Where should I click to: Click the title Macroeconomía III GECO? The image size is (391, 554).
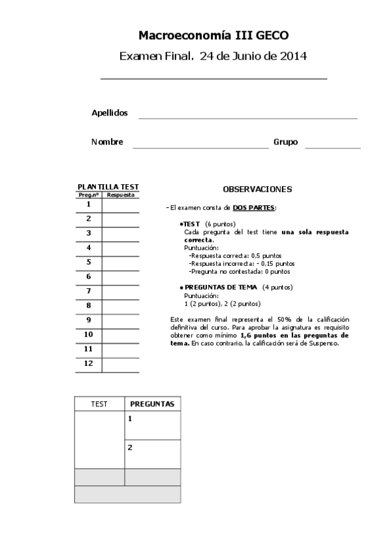(213, 35)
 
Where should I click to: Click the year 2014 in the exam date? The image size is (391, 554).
(294, 56)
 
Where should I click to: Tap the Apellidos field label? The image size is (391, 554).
(109, 113)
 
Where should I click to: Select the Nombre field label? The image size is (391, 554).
(107, 142)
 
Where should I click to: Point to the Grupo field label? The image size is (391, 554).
(285, 142)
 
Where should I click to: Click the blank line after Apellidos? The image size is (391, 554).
(248, 117)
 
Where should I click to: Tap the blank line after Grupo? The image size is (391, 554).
(332, 147)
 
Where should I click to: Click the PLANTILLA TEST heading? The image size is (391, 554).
(108, 187)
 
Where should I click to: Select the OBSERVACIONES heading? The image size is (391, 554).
(257, 189)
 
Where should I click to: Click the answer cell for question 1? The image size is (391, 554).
(121, 205)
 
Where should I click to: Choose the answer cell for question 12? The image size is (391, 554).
(121, 365)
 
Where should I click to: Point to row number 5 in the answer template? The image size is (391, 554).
(89, 263)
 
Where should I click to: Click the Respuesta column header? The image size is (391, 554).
(121, 195)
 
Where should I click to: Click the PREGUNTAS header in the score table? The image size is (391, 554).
(152, 404)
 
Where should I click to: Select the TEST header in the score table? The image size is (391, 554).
(99, 404)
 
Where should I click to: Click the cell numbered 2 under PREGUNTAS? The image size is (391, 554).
(152, 454)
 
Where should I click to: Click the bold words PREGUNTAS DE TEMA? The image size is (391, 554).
(222, 287)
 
